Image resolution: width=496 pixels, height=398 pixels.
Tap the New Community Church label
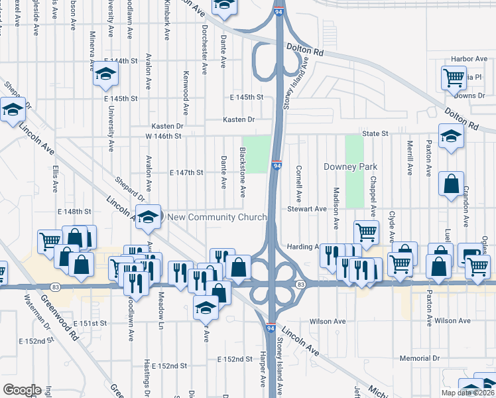click(217, 217)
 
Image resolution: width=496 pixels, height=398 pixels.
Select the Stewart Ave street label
click(307, 209)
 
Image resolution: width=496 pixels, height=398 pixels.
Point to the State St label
click(375, 133)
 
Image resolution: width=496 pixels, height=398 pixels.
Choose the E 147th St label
click(186, 172)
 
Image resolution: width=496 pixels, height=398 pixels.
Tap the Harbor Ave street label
click(469, 59)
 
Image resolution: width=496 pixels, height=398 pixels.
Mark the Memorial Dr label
click(420, 358)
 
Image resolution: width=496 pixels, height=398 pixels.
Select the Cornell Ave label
click(299, 184)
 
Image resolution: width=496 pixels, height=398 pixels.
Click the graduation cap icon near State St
click(451, 137)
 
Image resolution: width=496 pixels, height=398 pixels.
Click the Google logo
click(22, 389)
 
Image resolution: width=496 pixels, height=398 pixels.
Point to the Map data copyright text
click(467, 393)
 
